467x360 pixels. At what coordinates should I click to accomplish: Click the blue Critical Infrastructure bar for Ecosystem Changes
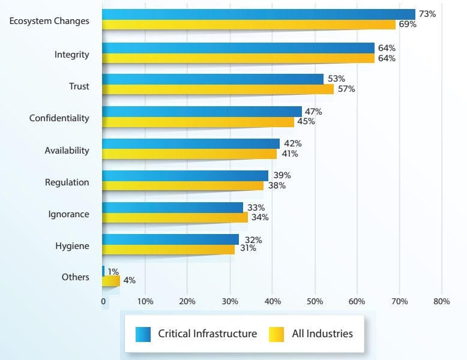point(258,14)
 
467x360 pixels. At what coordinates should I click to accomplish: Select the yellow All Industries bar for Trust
point(217,89)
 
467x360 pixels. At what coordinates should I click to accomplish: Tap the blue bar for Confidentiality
point(202,112)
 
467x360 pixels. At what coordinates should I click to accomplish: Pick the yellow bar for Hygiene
point(168,249)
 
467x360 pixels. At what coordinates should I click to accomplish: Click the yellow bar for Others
point(111,280)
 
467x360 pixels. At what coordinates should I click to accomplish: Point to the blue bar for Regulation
point(185,175)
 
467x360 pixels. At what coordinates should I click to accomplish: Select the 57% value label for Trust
point(346,89)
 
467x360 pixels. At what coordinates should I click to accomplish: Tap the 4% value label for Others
point(130,280)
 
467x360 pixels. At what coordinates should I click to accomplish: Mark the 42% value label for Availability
point(292,144)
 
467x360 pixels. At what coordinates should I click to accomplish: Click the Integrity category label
point(71,55)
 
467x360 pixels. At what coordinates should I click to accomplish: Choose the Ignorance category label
point(68,214)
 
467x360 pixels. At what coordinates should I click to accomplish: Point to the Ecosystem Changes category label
point(49,21)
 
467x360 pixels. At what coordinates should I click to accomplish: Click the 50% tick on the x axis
point(315,302)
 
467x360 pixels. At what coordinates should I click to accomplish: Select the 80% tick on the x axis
point(441,302)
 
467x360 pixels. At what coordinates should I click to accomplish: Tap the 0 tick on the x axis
point(103,302)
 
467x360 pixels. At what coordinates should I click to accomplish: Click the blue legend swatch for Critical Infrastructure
point(143,334)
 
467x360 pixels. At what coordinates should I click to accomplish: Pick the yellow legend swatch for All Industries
point(276,334)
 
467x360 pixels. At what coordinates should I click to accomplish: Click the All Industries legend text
point(322,334)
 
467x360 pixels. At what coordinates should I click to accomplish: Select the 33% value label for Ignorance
point(256,208)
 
